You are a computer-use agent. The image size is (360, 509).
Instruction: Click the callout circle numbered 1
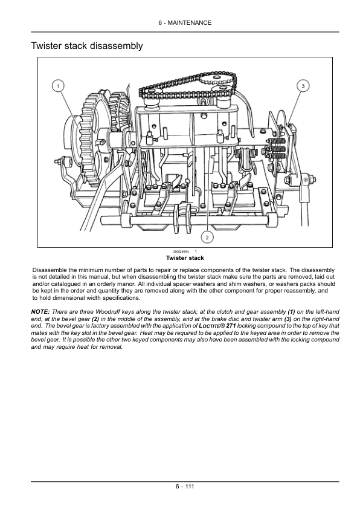coord(58,86)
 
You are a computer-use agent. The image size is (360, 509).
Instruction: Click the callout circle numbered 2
coord(207,238)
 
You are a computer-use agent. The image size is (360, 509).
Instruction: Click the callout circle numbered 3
coord(303,86)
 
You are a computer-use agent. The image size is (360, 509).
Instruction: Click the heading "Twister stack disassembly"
coord(86,46)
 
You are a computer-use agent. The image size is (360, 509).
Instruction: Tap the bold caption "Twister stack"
coord(185,258)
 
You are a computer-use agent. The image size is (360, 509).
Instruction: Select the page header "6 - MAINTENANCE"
coord(185,23)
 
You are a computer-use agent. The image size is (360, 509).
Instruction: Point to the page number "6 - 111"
coord(185,486)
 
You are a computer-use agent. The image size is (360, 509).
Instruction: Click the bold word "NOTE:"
coord(40,312)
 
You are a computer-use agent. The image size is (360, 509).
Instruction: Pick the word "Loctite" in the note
coord(209,326)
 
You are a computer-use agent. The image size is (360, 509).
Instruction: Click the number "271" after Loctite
coord(231,326)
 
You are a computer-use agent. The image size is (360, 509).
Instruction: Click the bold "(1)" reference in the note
coord(291,312)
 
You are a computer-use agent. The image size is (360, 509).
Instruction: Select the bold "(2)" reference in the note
coord(95,319)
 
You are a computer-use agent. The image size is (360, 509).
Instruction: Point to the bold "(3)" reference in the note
coord(288,319)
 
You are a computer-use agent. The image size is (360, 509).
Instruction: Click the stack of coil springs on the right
coord(276,149)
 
